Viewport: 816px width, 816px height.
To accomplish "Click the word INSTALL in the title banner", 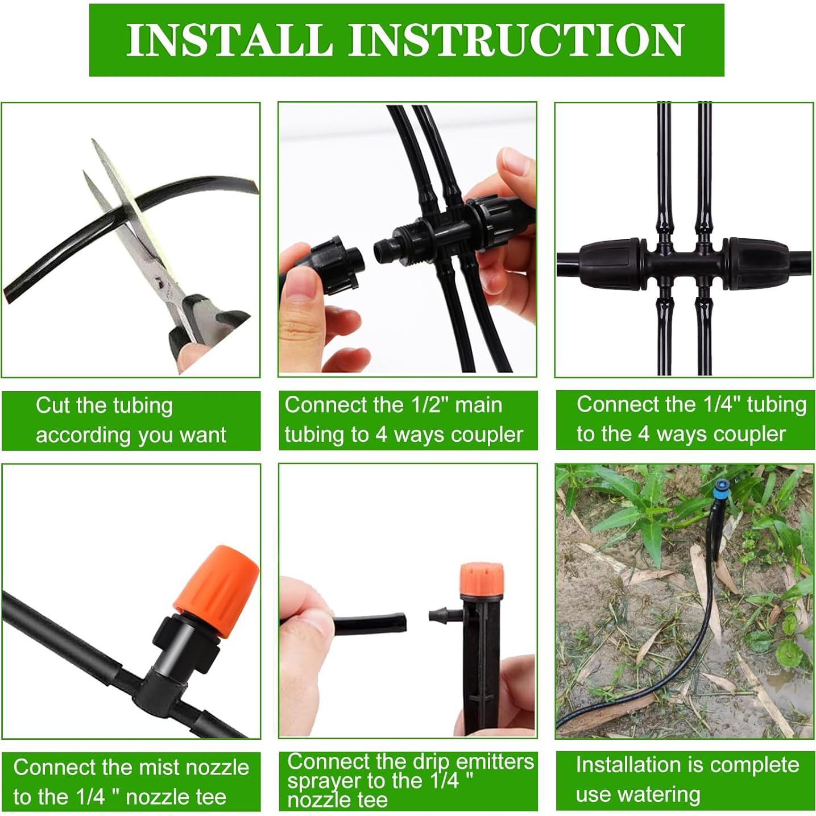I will (229, 40).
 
